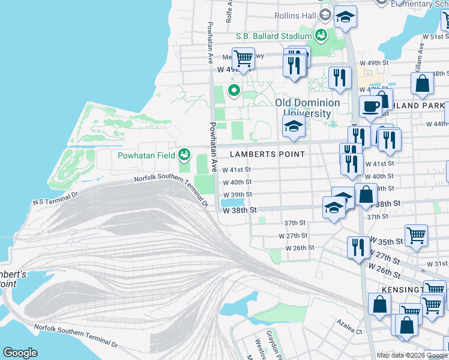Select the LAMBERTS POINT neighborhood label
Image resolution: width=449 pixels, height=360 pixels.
(267, 154)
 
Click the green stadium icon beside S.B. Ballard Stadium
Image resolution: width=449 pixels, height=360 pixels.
(321, 35)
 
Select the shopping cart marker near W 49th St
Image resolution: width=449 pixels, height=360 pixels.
(243, 58)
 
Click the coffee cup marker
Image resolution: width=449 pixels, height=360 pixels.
(370, 106)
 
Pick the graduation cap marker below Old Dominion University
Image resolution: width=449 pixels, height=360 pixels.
(293, 126)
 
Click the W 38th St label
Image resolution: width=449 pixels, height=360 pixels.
(240, 211)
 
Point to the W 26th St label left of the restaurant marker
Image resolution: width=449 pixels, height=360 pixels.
(300, 247)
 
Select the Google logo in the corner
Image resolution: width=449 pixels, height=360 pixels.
(20, 353)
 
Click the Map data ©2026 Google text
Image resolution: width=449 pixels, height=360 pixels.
(412, 355)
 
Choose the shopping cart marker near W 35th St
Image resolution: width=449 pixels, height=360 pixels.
(416, 235)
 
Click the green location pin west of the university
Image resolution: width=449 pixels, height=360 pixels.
(233, 91)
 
